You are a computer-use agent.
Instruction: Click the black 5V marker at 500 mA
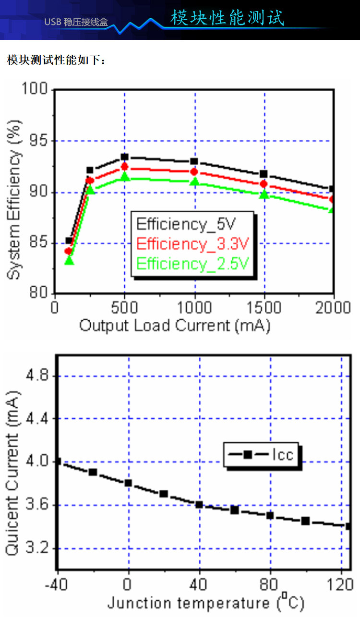click(125, 157)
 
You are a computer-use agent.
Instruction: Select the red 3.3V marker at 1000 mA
click(194, 172)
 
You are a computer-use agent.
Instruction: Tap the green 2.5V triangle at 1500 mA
click(264, 194)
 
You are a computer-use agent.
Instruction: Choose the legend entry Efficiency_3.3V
click(192, 243)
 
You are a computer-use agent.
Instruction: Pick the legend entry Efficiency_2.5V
click(192, 263)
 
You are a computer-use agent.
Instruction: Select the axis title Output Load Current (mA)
click(175, 326)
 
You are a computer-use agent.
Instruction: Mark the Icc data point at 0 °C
click(128, 483)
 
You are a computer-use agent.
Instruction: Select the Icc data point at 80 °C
click(270, 515)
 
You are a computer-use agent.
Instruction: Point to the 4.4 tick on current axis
click(38, 419)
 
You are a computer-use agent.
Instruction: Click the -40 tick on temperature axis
click(57, 585)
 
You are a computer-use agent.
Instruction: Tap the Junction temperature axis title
click(205, 602)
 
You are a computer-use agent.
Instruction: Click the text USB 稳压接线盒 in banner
click(76, 22)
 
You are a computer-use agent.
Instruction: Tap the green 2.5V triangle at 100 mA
click(69, 261)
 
